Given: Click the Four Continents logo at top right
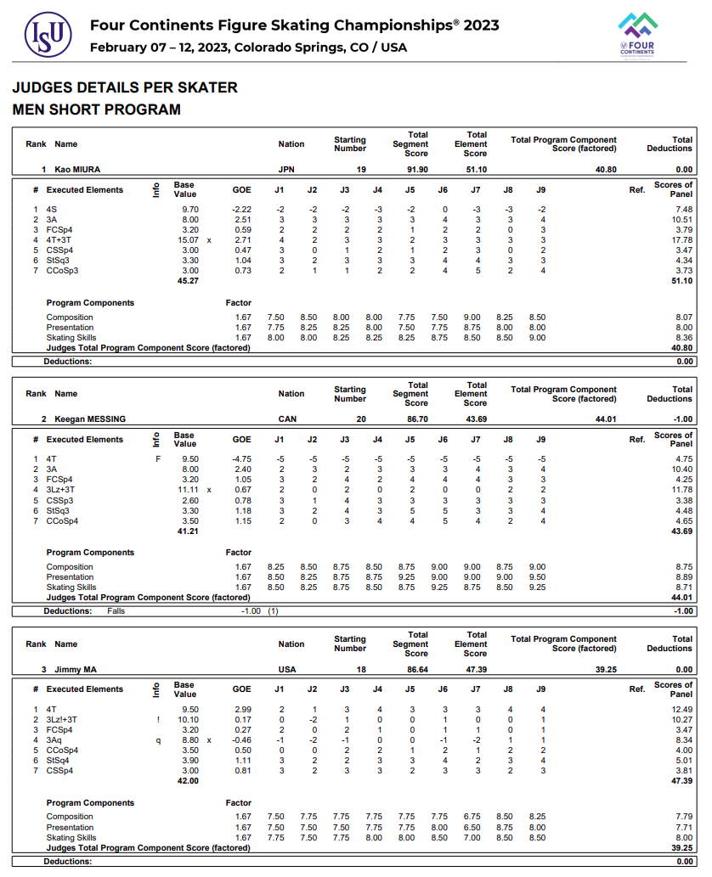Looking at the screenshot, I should pos(637,34).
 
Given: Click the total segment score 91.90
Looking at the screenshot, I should pos(417,170).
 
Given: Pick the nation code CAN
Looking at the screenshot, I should pos(287,419).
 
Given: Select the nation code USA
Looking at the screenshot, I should pos(287,670).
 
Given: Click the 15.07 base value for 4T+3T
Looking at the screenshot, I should pos(184,240).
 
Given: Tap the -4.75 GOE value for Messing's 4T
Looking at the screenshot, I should pos(241,459).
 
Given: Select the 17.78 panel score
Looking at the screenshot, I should pos(681,240).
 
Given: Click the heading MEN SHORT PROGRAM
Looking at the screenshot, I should pos(96,110).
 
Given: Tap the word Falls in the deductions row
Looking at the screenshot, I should pos(117,611).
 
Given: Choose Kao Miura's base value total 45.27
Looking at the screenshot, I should pos(187,280).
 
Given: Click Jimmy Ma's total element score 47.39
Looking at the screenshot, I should pos(476,670).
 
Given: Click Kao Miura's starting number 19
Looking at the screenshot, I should pos(361,170).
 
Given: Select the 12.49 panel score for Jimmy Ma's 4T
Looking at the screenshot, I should pos(681,710).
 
